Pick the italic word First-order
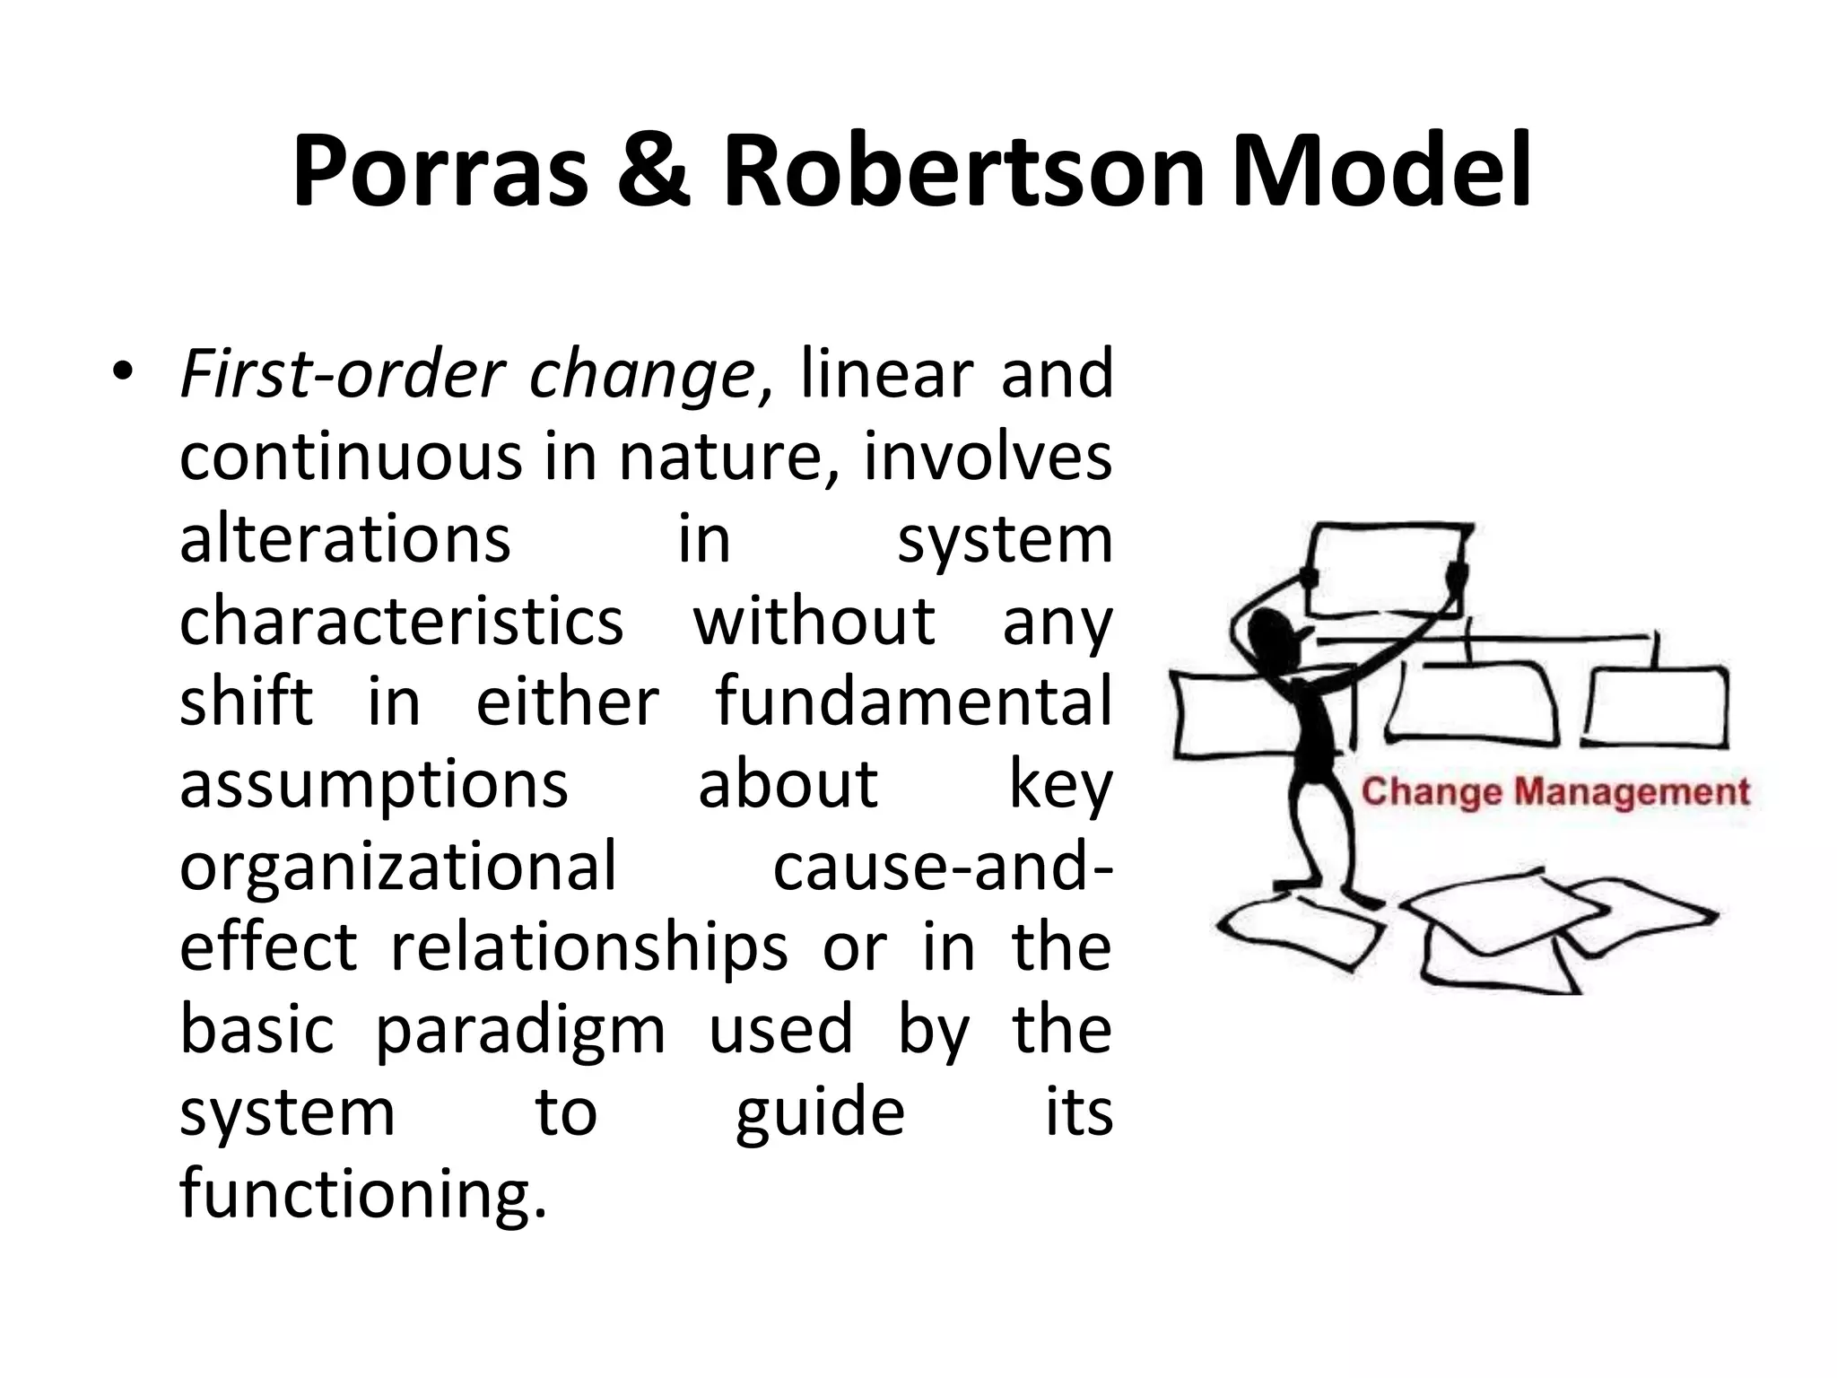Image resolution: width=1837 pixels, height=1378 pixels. (341, 374)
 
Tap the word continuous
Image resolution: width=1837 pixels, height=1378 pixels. (350, 457)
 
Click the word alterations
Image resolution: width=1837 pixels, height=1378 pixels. (345, 539)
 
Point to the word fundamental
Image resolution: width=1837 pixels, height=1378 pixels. (913, 702)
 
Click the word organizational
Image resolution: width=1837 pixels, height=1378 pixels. (398, 867)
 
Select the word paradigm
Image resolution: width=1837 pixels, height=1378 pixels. (520, 1030)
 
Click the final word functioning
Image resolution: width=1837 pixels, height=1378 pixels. (362, 1194)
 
